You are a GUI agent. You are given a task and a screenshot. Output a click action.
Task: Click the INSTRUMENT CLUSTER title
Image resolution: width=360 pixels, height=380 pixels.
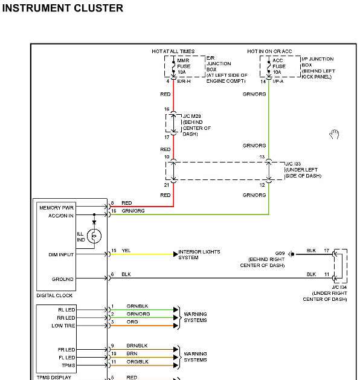point(62,8)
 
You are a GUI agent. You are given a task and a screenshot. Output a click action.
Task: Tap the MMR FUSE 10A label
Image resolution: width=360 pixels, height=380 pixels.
point(184,66)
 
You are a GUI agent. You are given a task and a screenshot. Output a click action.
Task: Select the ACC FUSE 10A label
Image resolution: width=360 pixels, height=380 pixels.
point(279,66)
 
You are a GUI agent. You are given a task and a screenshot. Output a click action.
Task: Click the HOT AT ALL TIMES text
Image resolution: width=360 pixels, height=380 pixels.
point(173,51)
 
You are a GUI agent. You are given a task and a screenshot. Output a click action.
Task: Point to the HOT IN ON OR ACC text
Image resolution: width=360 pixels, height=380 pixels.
point(269,51)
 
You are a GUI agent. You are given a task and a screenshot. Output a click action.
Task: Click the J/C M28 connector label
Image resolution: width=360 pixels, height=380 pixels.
point(191,116)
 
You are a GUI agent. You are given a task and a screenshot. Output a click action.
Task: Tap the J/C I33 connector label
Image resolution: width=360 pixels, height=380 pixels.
point(293,164)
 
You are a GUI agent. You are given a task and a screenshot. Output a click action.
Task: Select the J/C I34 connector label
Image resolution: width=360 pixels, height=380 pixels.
point(339,287)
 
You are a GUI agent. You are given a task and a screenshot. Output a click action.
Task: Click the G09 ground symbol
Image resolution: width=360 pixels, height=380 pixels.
point(291,254)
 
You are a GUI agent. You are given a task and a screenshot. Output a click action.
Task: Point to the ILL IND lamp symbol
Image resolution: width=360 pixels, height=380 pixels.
point(94,236)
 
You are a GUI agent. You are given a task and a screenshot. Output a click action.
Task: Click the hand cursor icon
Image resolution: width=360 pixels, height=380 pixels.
point(334,134)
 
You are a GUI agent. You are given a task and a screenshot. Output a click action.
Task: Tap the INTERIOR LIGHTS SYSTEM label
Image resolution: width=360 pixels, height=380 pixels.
point(199,255)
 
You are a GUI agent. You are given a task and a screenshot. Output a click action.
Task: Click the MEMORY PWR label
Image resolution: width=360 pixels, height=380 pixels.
point(56,208)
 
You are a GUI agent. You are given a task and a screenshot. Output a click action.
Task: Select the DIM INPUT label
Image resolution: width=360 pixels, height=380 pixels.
point(61,255)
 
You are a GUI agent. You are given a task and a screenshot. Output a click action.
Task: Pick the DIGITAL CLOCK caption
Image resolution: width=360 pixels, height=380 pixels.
point(54,295)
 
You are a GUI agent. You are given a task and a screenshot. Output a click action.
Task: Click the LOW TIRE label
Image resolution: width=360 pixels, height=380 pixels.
point(63,326)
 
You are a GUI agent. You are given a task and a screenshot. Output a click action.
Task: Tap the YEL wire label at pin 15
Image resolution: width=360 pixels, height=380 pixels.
point(126,251)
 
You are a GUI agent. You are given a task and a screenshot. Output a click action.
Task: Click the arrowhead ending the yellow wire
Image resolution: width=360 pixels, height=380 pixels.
point(176,254)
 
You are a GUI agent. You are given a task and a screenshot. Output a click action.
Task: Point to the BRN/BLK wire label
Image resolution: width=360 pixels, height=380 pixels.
point(137,346)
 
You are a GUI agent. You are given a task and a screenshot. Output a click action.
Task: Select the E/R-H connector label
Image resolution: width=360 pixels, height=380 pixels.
point(184,81)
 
